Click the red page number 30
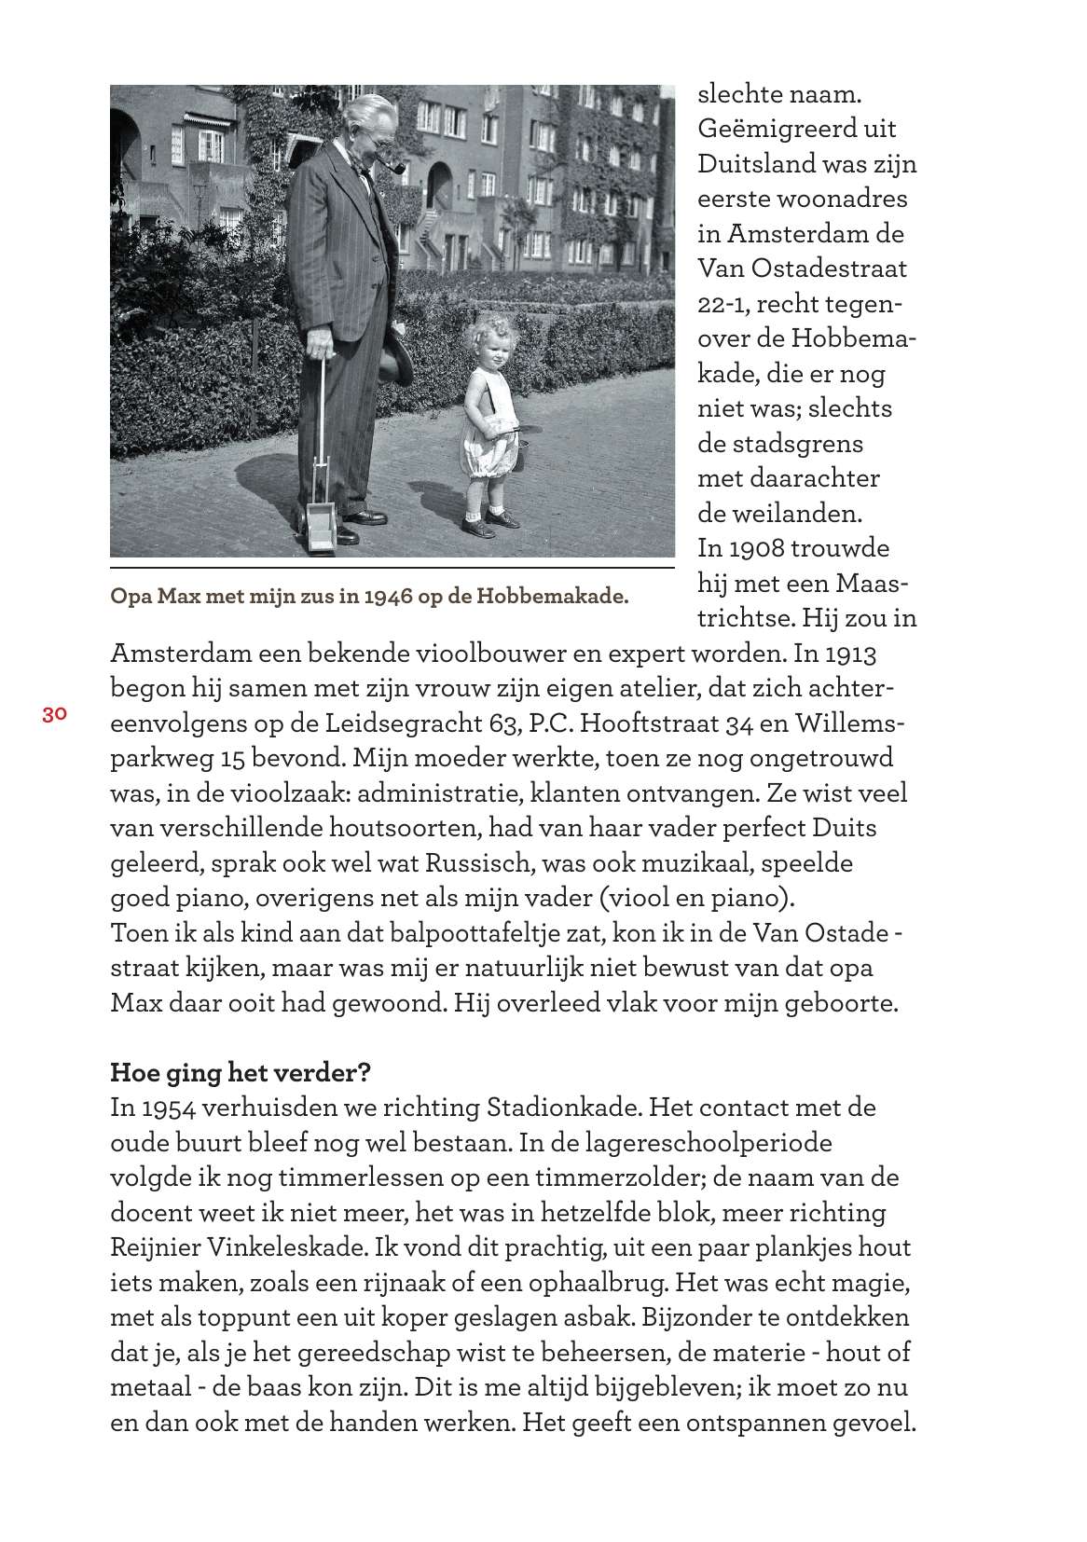click(x=54, y=715)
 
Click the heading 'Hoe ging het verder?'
click(x=241, y=1073)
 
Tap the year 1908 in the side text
click(x=759, y=548)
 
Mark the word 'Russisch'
click(x=479, y=863)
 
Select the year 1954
click(x=167, y=1108)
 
